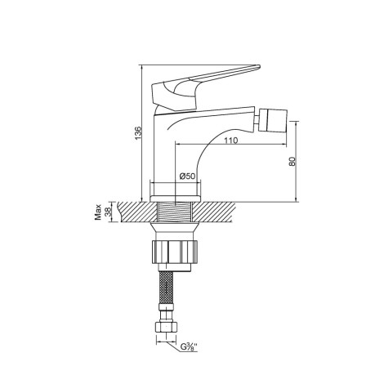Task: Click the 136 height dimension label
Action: pos(139,133)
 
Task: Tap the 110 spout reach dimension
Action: pos(231,141)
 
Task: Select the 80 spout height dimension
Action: pos(292,161)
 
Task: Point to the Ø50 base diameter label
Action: pos(187,176)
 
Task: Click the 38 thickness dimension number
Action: pos(108,212)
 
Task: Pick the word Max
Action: pos(98,212)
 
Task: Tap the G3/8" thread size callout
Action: pos(189,347)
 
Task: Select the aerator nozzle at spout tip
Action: pos(273,120)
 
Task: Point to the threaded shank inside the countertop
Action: pos(175,212)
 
